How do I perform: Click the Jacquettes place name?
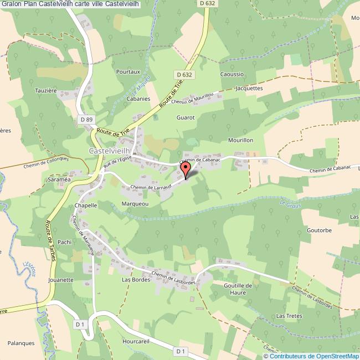pos(249,88)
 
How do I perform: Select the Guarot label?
pos(186,117)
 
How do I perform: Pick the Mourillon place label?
pos(240,140)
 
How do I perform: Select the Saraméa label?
pos(59,180)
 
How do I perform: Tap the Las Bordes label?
pos(133,280)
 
